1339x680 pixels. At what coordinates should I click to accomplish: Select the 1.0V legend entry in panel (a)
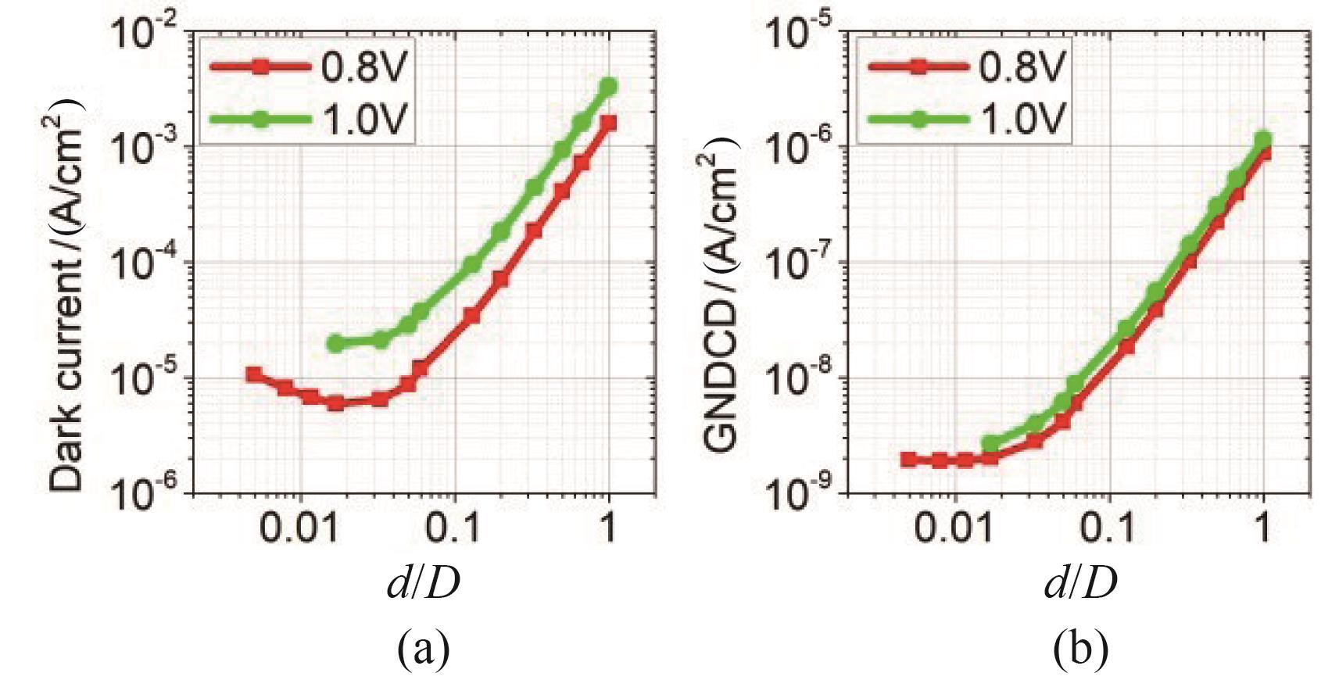pos(309,120)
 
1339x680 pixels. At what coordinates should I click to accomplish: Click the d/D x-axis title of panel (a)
pos(423,582)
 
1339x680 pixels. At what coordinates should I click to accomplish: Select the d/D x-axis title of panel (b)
pos(1080,582)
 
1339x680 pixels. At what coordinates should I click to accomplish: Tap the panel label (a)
pos(423,648)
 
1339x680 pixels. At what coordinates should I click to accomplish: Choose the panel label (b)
pos(1080,648)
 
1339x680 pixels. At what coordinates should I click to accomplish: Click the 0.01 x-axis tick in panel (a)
pos(299,529)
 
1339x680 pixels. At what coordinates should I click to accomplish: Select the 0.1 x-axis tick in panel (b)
pos(1108,529)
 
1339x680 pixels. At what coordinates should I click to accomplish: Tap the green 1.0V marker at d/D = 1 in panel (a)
pos(609,86)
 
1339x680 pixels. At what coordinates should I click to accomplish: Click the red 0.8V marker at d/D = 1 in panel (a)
pos(609,123)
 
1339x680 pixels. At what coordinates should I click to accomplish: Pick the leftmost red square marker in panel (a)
pos(254,374)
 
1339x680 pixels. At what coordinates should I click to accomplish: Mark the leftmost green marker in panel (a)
pos(335,343)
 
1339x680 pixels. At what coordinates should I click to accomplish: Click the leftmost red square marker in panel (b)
pos(908,460)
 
